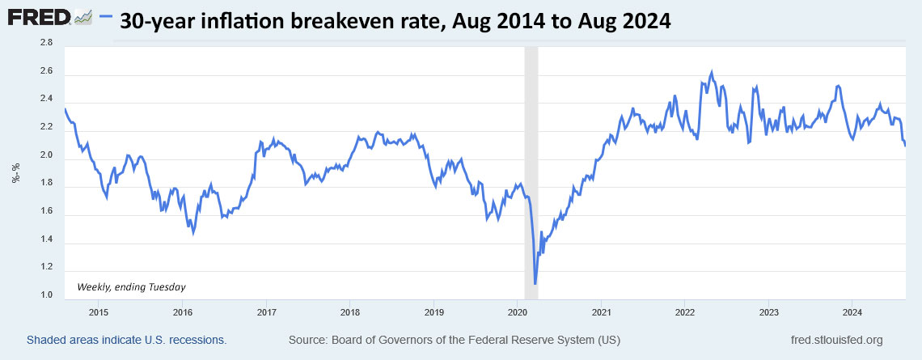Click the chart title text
pyautogui.click(x=395, y=22)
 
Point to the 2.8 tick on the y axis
pyautogui.click(x=46, y=44)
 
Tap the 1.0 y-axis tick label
pyautogui.click(x=46, y=295)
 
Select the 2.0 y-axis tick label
pyautogui.click(x=46, y=155)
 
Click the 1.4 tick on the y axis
pyautogui.click(x=46, y=239)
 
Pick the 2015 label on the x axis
pyautogui.click(x=99, y=311)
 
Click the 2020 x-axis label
pyautogui.click(x=518, y=311)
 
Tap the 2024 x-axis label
pyautogui.click(x=852, y=311)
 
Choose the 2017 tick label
pyautogui.click(x=266, y=311)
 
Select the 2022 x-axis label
pyautogui.click(x=685, y=311)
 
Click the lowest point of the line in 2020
pyautogui.click(x=535, y=283)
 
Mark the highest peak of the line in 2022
pyautogui.click(x=711, y=72)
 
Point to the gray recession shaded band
pyautogui.click(x=531, y=162)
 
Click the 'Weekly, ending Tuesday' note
pyautogui.click(x=131, y=286)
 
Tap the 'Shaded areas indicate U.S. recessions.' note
pyautogui.click(x=127, y=340)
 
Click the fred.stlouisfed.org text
pyautogui.click(x=836, y=340)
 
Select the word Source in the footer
pyautogui.click(x=308, y=340)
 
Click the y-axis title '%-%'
pyautogui.click(x=15, y=172)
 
